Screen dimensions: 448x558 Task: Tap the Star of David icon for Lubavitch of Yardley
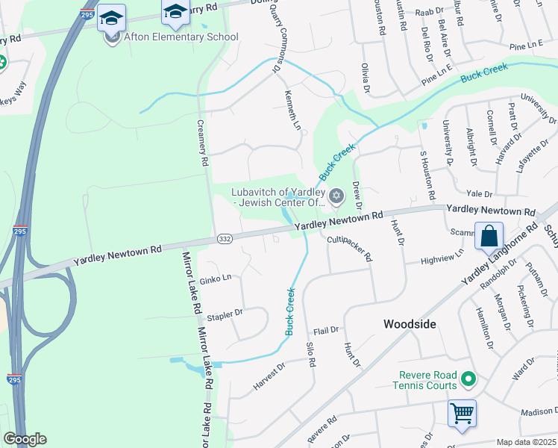pyautogui.click(x=336, y=196)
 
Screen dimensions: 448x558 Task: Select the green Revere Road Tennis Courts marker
pyautogui.click(x=468, y=379)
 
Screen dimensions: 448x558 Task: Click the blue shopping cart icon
pyautogui.click(x=462, y=412)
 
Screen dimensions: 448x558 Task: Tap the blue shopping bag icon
pyautogui.click(x=489, y=235)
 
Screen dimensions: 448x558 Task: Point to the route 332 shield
pyautogui.click(x=225, y=238)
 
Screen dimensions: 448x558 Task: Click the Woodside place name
pyautogui.click(x=409, y=324)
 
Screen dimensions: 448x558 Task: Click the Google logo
pyautogui.click(x=25, y=439)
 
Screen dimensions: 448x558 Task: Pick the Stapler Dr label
pyautogui.click(x=225, y=315)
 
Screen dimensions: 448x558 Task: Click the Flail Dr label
pyautogui.click(x=326, y=329)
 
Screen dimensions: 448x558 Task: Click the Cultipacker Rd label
pyautogui.click(x=349, y=247)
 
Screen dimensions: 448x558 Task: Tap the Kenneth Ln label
pyautogui.click(x=292, y=110)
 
